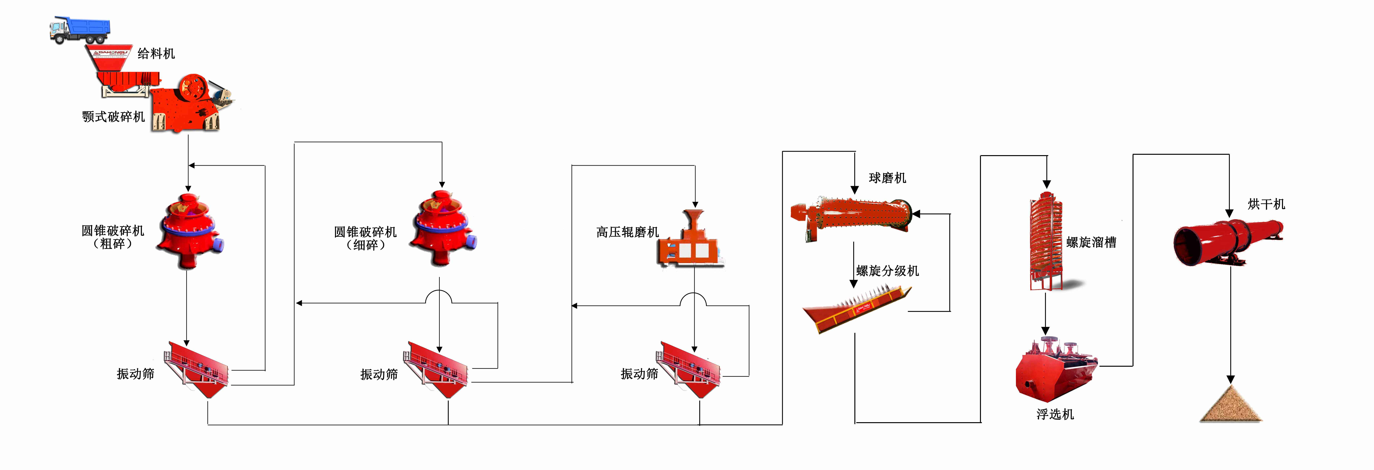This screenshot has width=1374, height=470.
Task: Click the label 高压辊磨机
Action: click(627, 232)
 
